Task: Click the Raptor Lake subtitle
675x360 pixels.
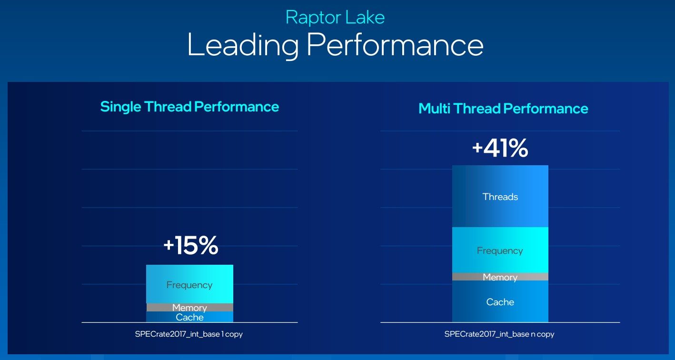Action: point(335,18)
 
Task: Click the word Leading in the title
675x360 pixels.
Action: point(243,45)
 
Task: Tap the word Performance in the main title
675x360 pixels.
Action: point(395,45)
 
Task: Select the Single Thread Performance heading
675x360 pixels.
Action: point(189,107)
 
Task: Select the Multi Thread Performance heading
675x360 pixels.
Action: point(503,109)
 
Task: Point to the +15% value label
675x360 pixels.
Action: point(191,245)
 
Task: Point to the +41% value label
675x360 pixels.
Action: point(500,148)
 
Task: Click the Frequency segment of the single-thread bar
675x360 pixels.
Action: point(189,284)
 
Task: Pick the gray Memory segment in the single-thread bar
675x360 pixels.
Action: point(190,308)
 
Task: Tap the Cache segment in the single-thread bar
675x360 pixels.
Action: point(189,317)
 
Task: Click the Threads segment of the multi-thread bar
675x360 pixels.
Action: point(500,196)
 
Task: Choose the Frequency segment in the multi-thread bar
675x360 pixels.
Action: point(500,250)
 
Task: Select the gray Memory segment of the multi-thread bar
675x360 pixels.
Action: point(500,277)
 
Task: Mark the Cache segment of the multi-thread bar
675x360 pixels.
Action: point(500,301)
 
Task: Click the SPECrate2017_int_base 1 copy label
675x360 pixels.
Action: point(189,334)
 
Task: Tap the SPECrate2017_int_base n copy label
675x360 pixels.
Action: point(499,334)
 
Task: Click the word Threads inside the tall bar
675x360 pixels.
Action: point(500,197)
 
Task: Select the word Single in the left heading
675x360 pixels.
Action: point(120,107)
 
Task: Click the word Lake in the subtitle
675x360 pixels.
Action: point(365,18)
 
